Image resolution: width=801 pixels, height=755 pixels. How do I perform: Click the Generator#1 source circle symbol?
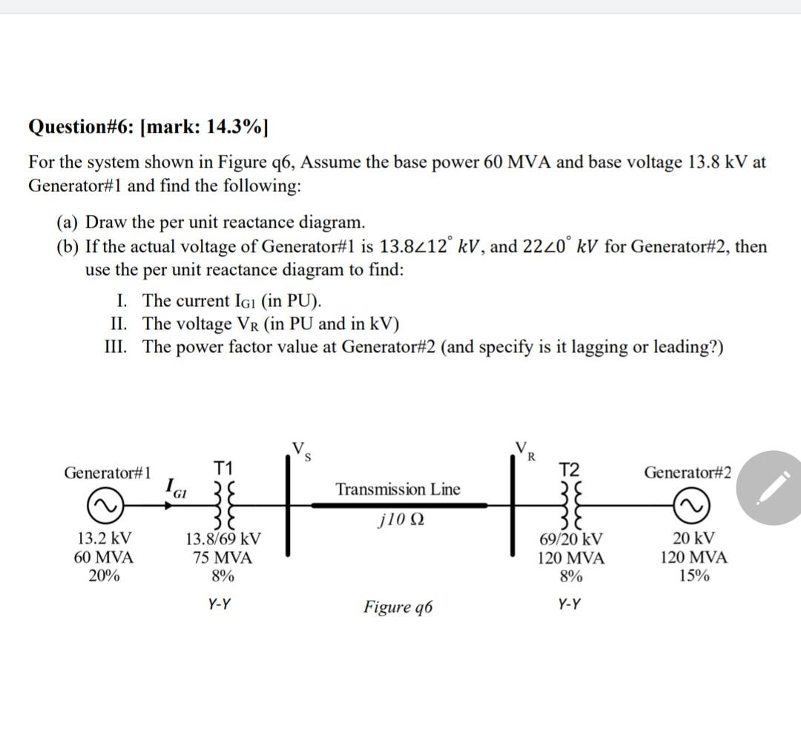point(105,505)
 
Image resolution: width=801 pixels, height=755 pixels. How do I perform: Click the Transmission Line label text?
point(398,489)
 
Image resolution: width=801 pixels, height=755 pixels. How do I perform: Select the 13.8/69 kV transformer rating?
point(222,539)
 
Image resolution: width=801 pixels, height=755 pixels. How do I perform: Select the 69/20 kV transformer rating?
point(571,539)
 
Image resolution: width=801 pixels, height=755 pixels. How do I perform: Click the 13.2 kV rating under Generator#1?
point(105,538)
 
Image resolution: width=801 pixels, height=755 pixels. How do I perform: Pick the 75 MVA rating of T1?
point(222,558)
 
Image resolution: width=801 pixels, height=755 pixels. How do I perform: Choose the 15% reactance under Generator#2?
point(694,576)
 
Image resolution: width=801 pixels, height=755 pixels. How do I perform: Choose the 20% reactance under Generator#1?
point(105,576)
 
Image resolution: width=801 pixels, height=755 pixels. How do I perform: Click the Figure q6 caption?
point(398,607)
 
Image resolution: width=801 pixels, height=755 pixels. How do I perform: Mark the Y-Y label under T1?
point(218,604)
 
